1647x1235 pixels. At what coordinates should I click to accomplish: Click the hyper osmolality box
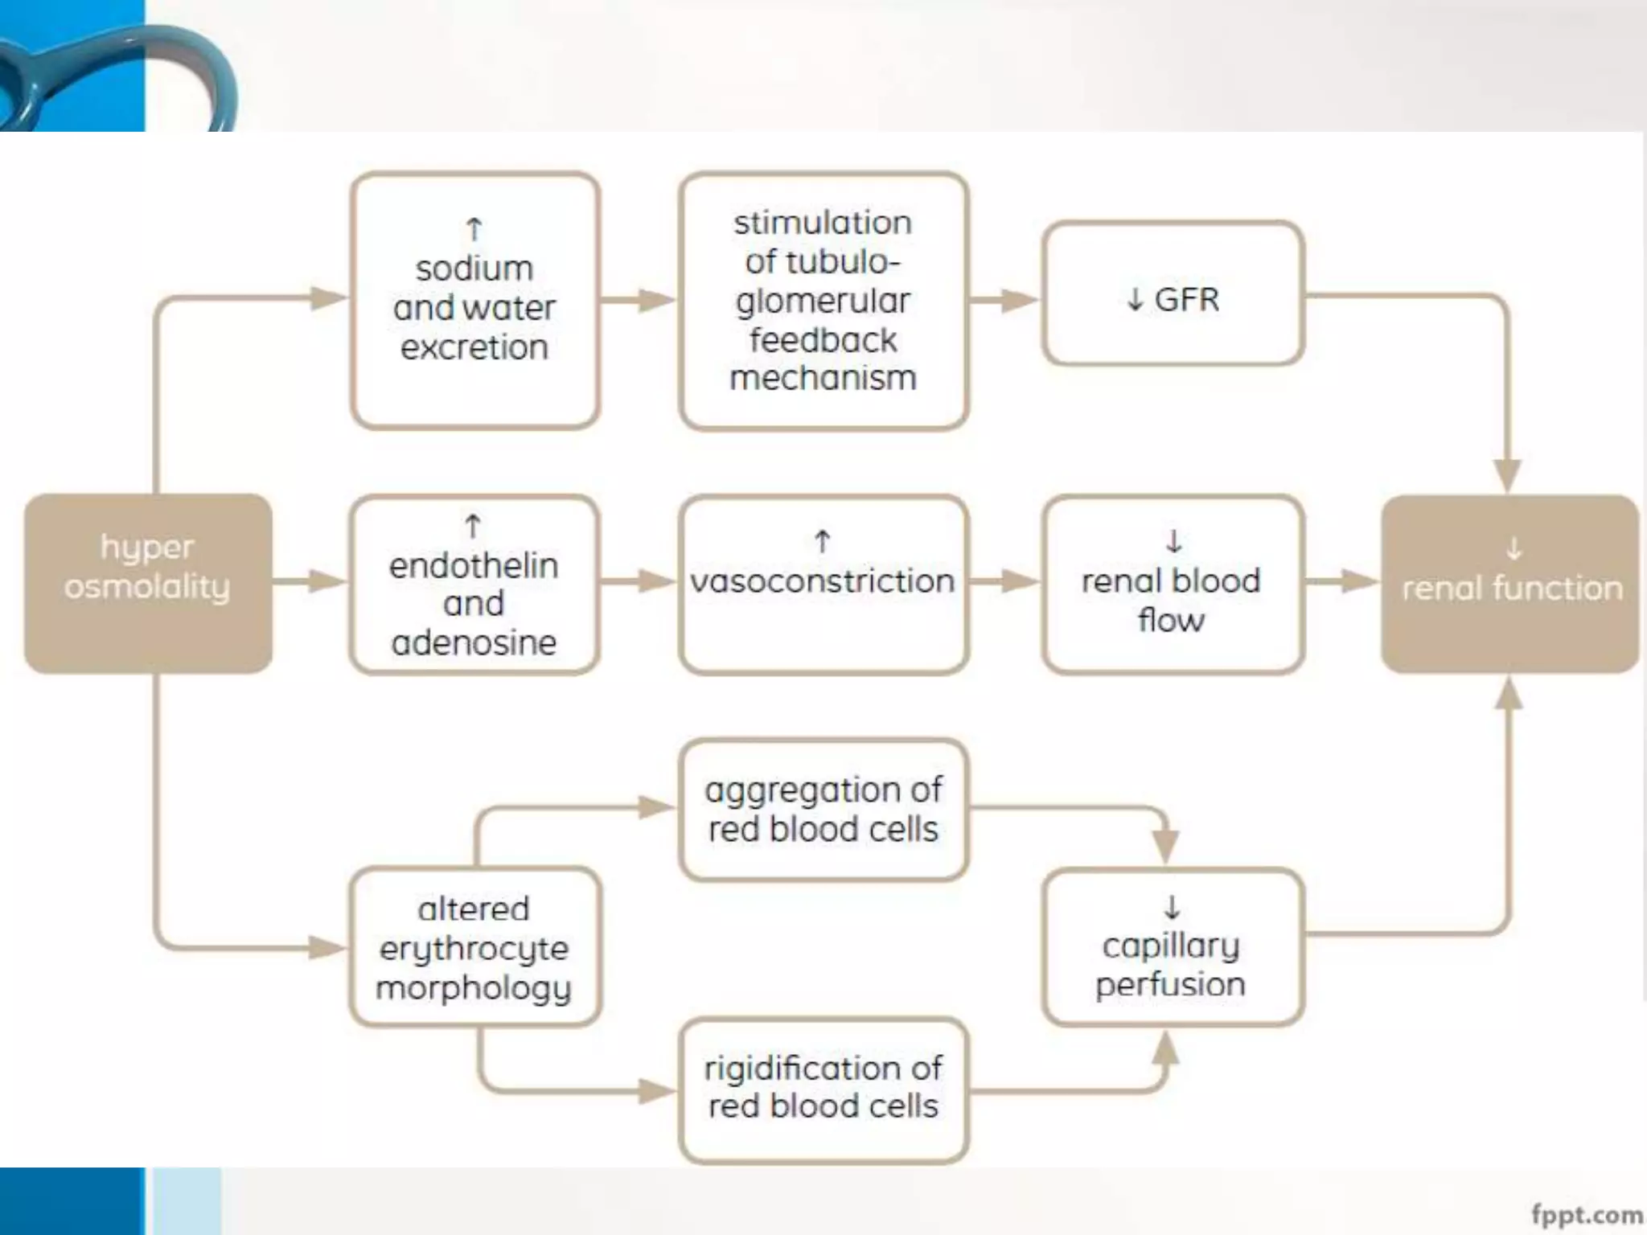[148, 583]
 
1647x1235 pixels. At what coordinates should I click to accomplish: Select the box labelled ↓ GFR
[1173, 293]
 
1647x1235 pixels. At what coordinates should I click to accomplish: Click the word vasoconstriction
[823, 581]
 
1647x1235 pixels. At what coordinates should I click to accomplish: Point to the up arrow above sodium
[474, 230]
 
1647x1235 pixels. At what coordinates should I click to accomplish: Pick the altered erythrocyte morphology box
[474, 947]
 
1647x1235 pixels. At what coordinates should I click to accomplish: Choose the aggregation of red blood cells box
[823, 810]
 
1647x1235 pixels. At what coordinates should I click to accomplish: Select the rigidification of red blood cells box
[823, 1089]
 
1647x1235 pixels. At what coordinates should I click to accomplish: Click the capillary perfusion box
[1173, 947]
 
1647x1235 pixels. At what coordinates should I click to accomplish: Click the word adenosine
[474, 642]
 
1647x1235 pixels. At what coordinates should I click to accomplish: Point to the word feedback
[823, 340]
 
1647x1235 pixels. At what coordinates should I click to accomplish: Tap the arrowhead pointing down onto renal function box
[1507, 474]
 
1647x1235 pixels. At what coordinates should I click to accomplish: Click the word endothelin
[474, 565]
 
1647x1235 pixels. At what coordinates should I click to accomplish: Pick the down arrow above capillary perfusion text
[1173, 908]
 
